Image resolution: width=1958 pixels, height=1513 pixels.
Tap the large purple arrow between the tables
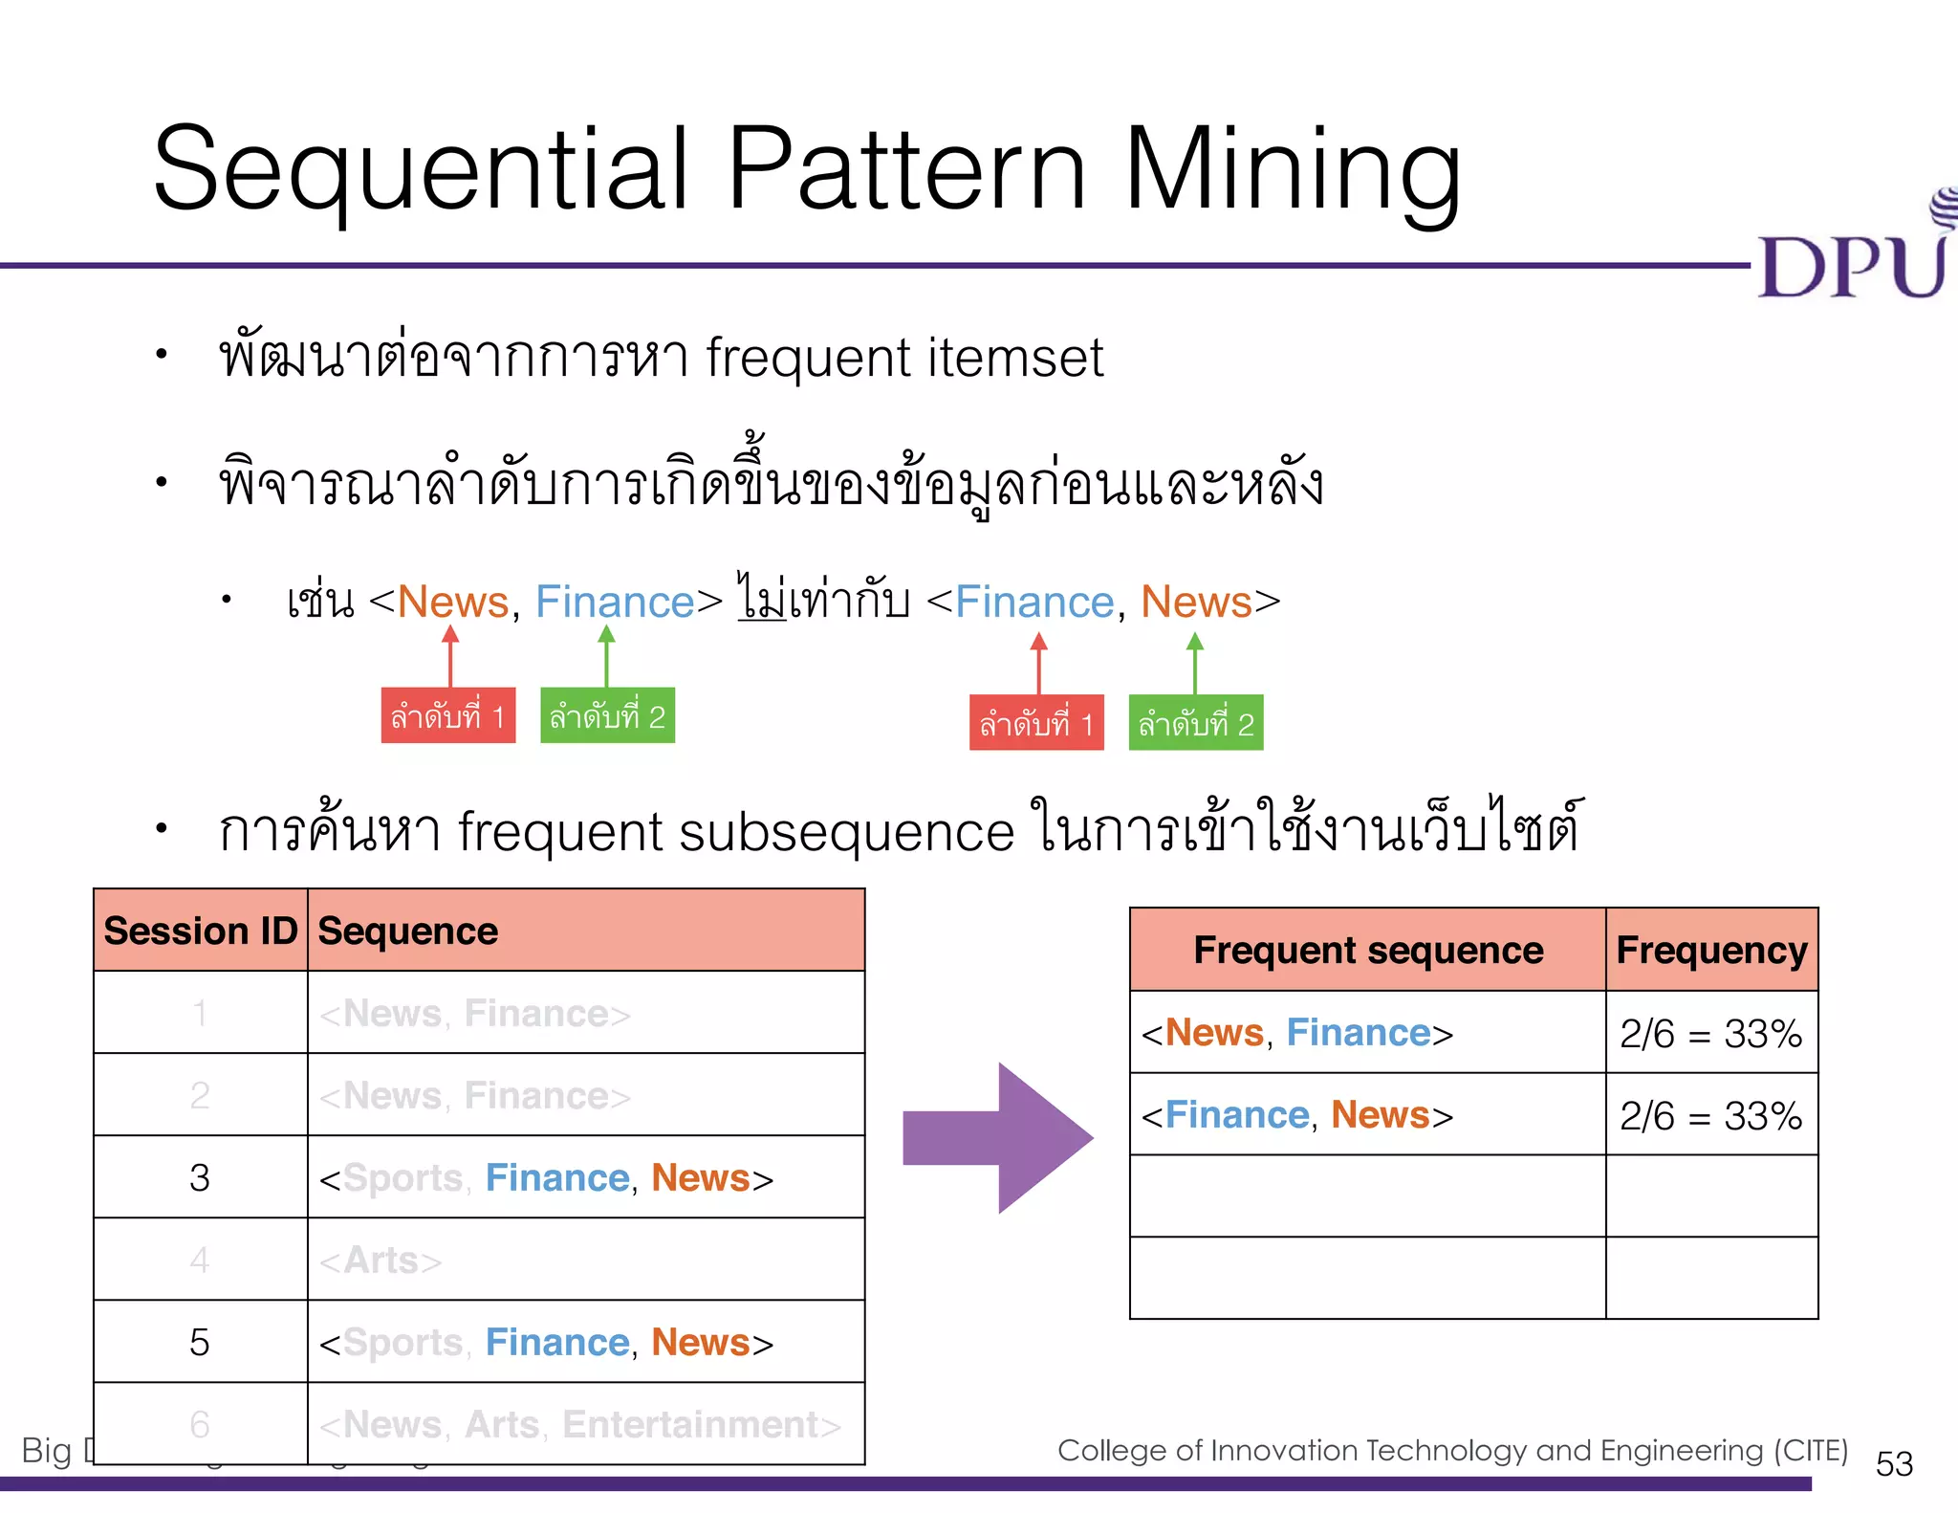(x=999, y=1137)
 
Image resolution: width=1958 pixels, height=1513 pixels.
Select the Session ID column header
(x=200, y=931)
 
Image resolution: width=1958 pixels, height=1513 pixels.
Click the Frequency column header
(x=1711, y=950)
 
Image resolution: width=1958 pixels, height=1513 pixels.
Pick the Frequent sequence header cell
(x=1367, y=950)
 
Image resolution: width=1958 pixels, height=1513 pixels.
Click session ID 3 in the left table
(x=200, y=1177)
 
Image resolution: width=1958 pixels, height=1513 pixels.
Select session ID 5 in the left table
(x=200, y=1342)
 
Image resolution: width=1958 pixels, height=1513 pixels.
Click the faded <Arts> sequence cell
(x=381, y=1261)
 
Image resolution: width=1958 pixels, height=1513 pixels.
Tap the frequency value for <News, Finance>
(x=1710, y=1033)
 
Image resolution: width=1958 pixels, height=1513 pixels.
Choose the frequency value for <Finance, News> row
(x=1710, y=1115)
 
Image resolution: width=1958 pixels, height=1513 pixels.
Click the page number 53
(x=1894, y=1463)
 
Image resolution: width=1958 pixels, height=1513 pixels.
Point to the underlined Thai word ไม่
(x=762, y=600)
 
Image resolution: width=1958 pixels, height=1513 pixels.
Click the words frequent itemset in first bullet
(x=903, y=358)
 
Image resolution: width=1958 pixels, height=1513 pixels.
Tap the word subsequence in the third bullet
(x=846, y=831)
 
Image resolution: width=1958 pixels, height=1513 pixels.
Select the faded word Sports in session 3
(x=402, y=1178)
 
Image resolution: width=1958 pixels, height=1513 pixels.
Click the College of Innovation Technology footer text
(x=1451, y=1450)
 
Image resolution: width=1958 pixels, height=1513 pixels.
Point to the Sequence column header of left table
(x=408, y=931)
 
